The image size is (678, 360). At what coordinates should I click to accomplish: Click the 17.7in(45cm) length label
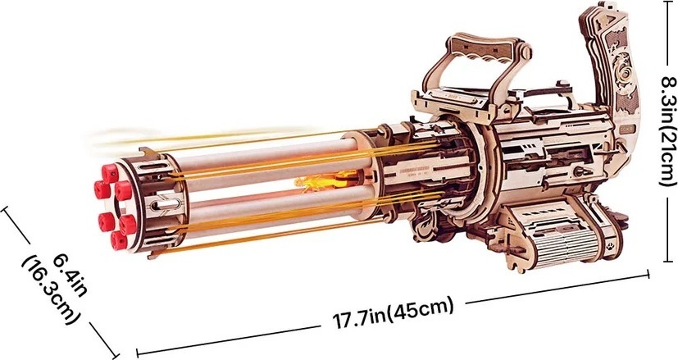[x=393, y=313]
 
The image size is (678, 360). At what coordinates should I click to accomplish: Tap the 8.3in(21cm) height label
[x=667, y=130]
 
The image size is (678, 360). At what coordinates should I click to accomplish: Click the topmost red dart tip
[x=110, y=174]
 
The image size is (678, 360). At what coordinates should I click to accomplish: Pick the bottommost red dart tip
[x=119, y=240]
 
